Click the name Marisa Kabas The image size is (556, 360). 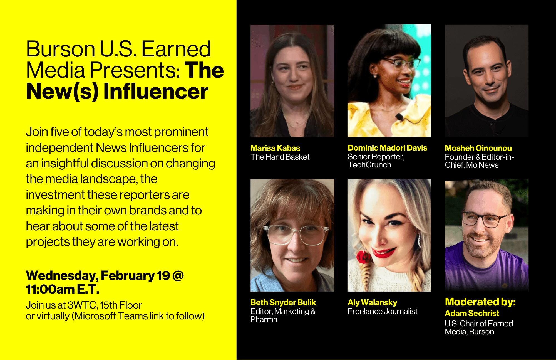point(275,148)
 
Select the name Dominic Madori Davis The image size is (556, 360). point(387,148)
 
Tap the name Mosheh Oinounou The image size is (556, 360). point(478,148)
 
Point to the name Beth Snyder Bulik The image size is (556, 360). point(283,302)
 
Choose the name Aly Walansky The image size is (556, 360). point(372,302)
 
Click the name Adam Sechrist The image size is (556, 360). point(472,313)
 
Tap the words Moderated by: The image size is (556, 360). point(480,302)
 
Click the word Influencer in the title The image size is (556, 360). point(156,92)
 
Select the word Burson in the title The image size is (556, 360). point(61,49)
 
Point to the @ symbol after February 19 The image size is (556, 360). point(178,275)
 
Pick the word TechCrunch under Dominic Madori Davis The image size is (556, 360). point(369,165)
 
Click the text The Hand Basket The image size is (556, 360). point(280,157)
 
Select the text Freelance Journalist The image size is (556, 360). point(382,311)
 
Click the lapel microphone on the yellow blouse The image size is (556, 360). point(399,117)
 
